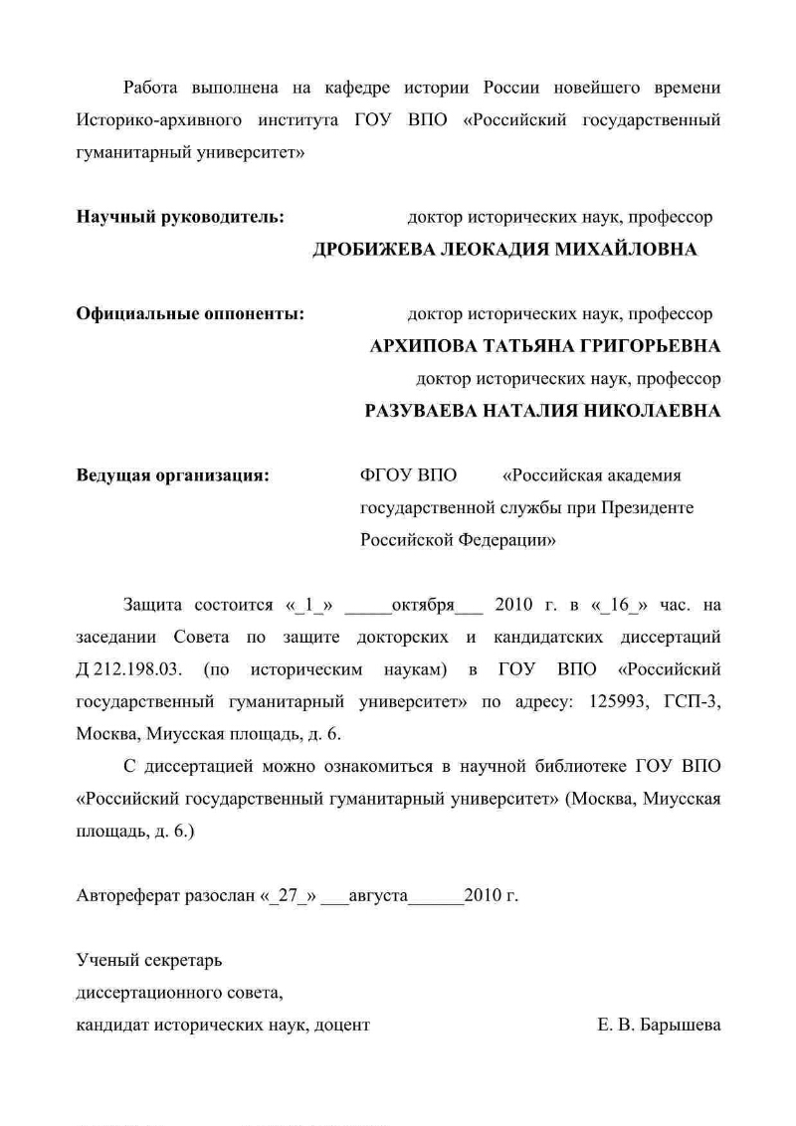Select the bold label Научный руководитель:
tap(181, 216)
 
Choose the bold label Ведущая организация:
tap(173, 475)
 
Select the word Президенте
tap(648, 508)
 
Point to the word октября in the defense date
tap(423, 606)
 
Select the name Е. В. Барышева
tap(652, 1025)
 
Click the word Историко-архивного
tap(160, 121)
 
